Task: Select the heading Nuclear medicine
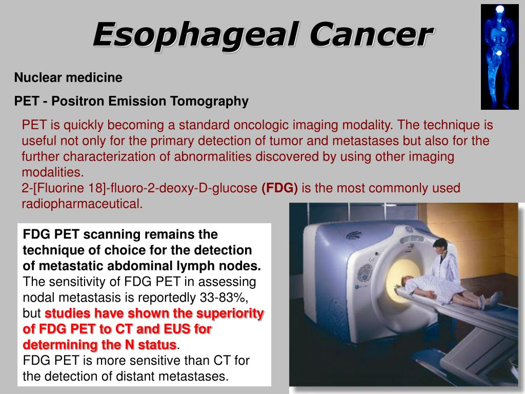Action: point(68,77)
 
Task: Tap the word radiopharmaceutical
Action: point(82,204)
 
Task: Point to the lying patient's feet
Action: point(497,299)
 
